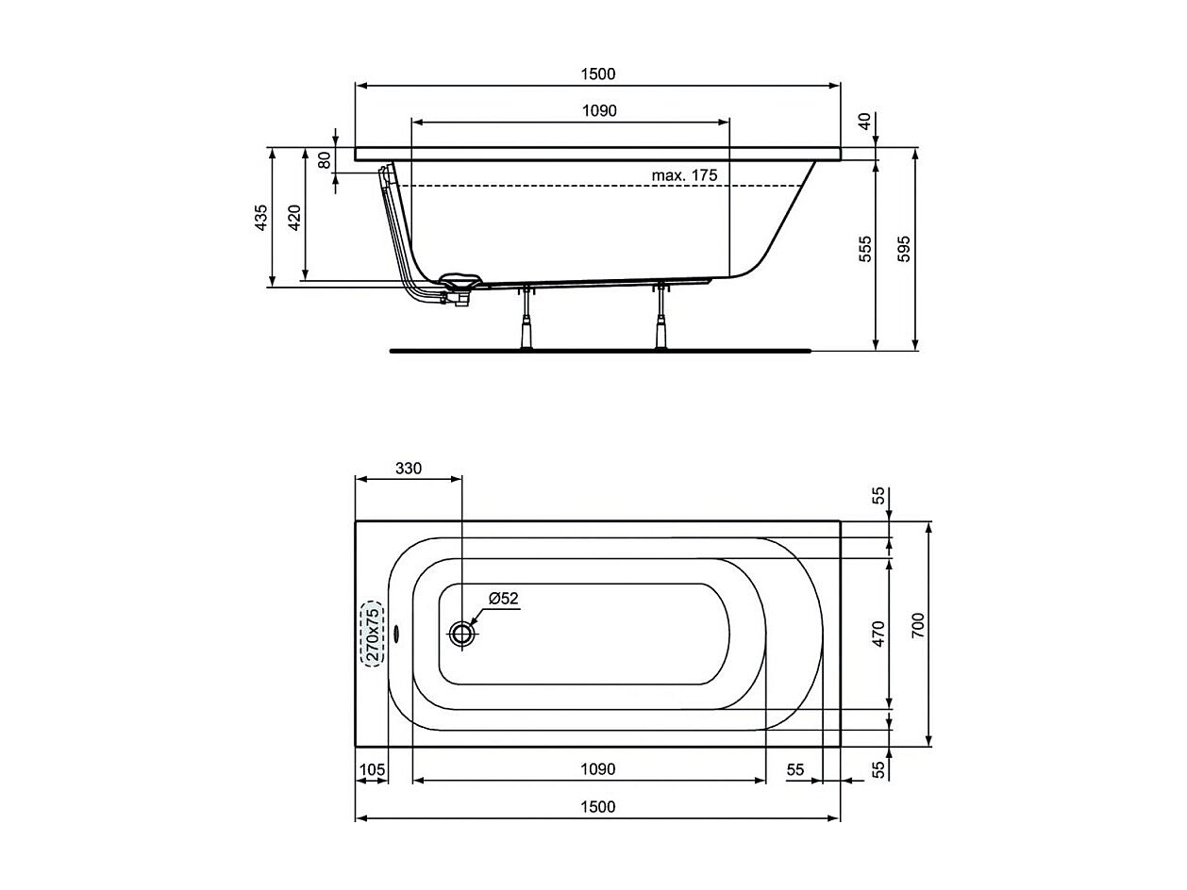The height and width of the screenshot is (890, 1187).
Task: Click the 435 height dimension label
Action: [x=261, y=218]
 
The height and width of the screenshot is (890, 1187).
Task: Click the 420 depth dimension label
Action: [x=294, y=218]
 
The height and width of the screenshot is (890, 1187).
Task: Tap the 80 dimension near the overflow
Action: [x=324, y=160]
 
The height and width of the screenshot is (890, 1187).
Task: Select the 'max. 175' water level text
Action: [x=684, y=175]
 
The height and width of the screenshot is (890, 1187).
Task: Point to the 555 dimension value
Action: [x=865, y=249]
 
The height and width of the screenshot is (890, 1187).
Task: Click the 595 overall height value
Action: [x=904, y=249]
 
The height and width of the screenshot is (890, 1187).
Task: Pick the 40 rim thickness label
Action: [x=865, y=122]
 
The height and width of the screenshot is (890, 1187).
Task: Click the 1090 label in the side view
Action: [x=599, y=110]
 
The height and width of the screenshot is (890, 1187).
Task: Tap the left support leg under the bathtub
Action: [x=527, y=319]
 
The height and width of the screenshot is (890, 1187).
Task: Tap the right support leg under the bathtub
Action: [x=660, y=318]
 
